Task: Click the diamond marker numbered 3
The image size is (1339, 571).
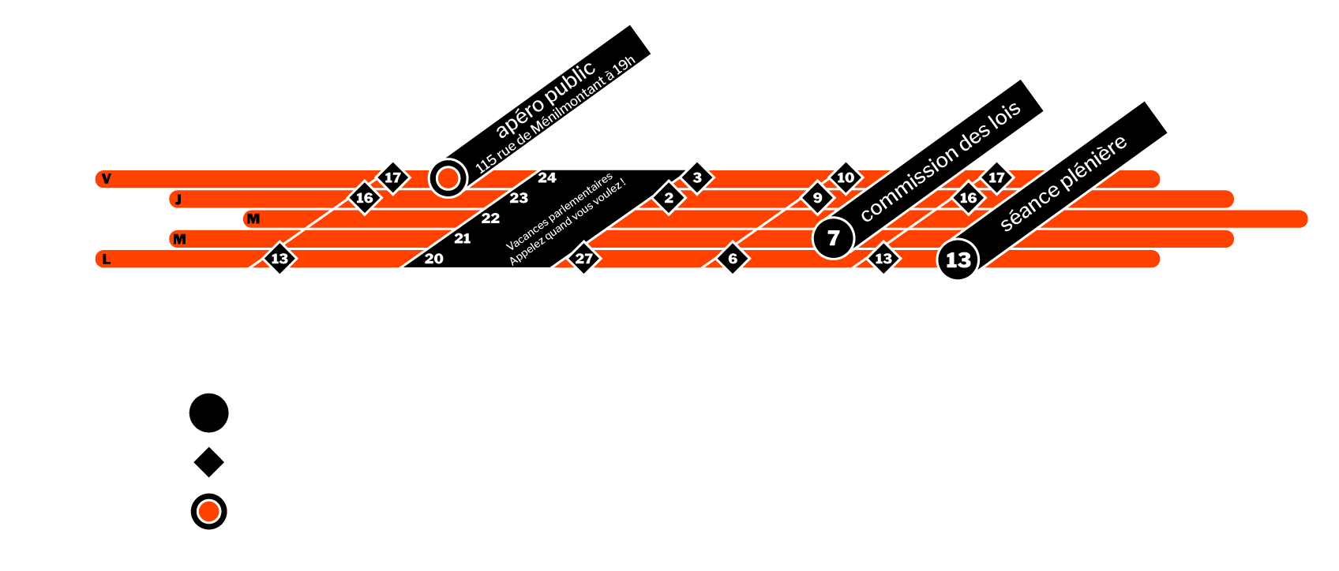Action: point(697,178)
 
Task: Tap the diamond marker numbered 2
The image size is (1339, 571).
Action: point(669,198)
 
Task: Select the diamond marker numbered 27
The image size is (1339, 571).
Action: point(583,259)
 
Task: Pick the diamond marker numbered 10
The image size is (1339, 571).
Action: point(846,177)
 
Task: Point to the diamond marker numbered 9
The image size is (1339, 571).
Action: point(817,198)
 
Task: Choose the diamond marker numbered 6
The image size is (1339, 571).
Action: point(733,259)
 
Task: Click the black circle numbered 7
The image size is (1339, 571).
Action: point(833,238)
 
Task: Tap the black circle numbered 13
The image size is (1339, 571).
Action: point(958,259)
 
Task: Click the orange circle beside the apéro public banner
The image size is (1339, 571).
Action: point(448,178)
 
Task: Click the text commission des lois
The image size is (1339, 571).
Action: point(940,161)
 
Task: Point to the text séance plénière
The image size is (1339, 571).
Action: point(1063,184)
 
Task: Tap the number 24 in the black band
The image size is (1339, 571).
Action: point(547,178)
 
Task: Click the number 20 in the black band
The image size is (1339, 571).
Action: point(434,259)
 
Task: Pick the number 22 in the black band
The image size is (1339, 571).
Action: point(490,218)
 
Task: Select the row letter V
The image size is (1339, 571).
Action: point(107,179)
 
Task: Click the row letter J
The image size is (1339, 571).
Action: point(178,200)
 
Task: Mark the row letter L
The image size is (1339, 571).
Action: point(107,259)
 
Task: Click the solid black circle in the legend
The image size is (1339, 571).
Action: point(209,412)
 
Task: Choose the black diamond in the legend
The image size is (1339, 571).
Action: point(209,462)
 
